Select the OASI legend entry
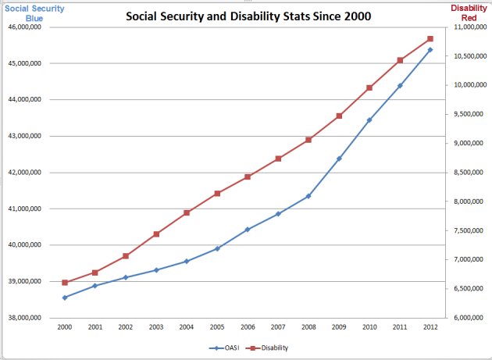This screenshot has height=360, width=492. point(227,348)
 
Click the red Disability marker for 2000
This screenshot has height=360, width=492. point(65,283)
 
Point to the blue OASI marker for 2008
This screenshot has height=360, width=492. point(308,196)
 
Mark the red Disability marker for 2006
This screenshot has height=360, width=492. point(248,177)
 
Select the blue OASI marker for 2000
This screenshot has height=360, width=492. point(65,298)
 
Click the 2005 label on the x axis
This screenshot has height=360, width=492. point(217,326)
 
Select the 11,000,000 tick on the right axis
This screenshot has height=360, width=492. point(466,27)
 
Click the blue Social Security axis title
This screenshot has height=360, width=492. point(34,12)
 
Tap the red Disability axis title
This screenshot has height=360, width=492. point(469,12)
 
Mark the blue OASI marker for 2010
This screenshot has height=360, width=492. point(369,120)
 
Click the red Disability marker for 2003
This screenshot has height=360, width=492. point(156,234)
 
